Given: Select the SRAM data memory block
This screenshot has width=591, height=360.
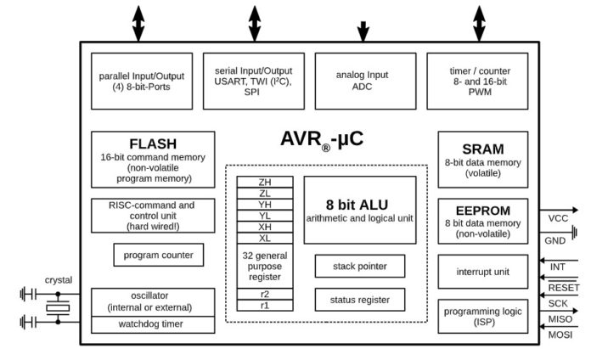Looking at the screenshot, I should coord(482,159).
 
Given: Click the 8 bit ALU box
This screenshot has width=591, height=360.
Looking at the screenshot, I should coord(359,210).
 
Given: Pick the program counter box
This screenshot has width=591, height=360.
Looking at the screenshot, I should coord(158,255).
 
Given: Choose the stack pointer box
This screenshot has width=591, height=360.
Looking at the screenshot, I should coord(359,266).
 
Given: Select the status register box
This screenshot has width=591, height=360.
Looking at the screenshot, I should coord(359,299).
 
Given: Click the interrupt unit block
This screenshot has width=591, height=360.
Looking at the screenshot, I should coord(482,272).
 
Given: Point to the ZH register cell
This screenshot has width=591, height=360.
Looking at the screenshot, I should coord(265,182).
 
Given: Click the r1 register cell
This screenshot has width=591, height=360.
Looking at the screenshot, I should coord(265,305).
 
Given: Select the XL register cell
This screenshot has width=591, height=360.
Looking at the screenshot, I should coord(265,238).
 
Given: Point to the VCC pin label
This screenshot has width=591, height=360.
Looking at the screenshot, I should coord(558,219).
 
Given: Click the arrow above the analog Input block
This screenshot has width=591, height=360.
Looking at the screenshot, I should coord(363,31).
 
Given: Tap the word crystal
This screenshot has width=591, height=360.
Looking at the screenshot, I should coord(59,279).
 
